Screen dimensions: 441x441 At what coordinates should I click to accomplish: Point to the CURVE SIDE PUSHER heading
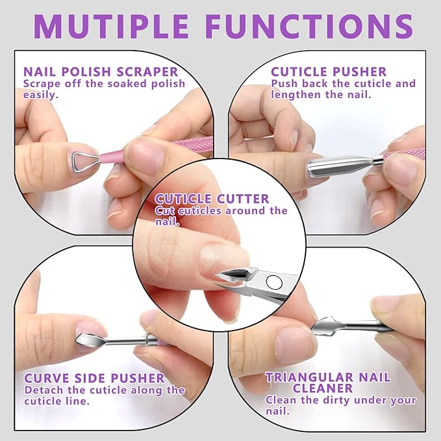point(94,378)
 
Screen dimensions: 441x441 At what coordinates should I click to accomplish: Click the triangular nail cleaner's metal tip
point(323,323)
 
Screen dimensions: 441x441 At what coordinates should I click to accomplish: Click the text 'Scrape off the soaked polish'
point(104,84)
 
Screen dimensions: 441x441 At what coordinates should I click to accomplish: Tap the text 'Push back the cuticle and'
point(343,84)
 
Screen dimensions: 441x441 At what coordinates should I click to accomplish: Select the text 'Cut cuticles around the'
point(221,210)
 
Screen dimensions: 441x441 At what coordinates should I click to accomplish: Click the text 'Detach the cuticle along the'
point(105,390)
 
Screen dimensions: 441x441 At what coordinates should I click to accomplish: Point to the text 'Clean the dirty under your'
point(340,400)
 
